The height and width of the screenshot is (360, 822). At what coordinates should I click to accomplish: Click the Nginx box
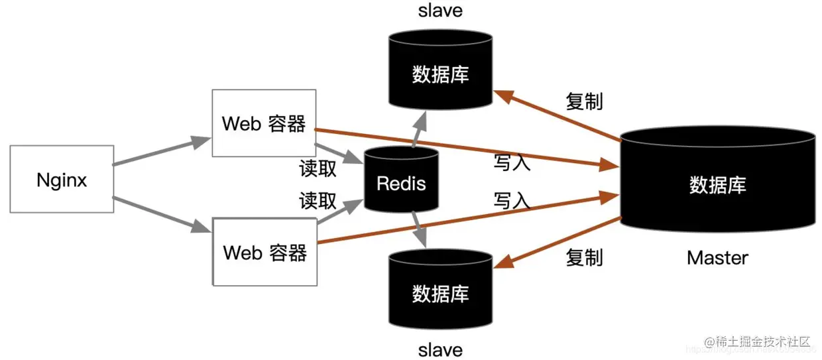tap(62, 180)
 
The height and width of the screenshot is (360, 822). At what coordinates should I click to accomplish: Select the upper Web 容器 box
tap(264, 124)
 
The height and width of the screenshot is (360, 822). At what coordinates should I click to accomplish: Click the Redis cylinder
tap(401, 182)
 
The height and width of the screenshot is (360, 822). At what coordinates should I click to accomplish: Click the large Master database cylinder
tap(717, 184)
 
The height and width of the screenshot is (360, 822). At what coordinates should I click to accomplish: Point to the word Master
tap(717, 257)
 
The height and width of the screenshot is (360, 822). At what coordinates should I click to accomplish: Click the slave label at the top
tap(440, 11)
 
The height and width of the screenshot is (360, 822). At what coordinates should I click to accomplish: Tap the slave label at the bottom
tap(440, 349)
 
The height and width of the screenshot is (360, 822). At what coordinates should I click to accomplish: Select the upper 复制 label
tap(584, 101)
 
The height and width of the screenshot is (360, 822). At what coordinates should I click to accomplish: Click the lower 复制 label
tap(584, 257)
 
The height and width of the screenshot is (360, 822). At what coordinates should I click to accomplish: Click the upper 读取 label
tap(318, 169)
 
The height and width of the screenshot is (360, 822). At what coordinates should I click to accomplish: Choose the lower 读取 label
tap(318, 201)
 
